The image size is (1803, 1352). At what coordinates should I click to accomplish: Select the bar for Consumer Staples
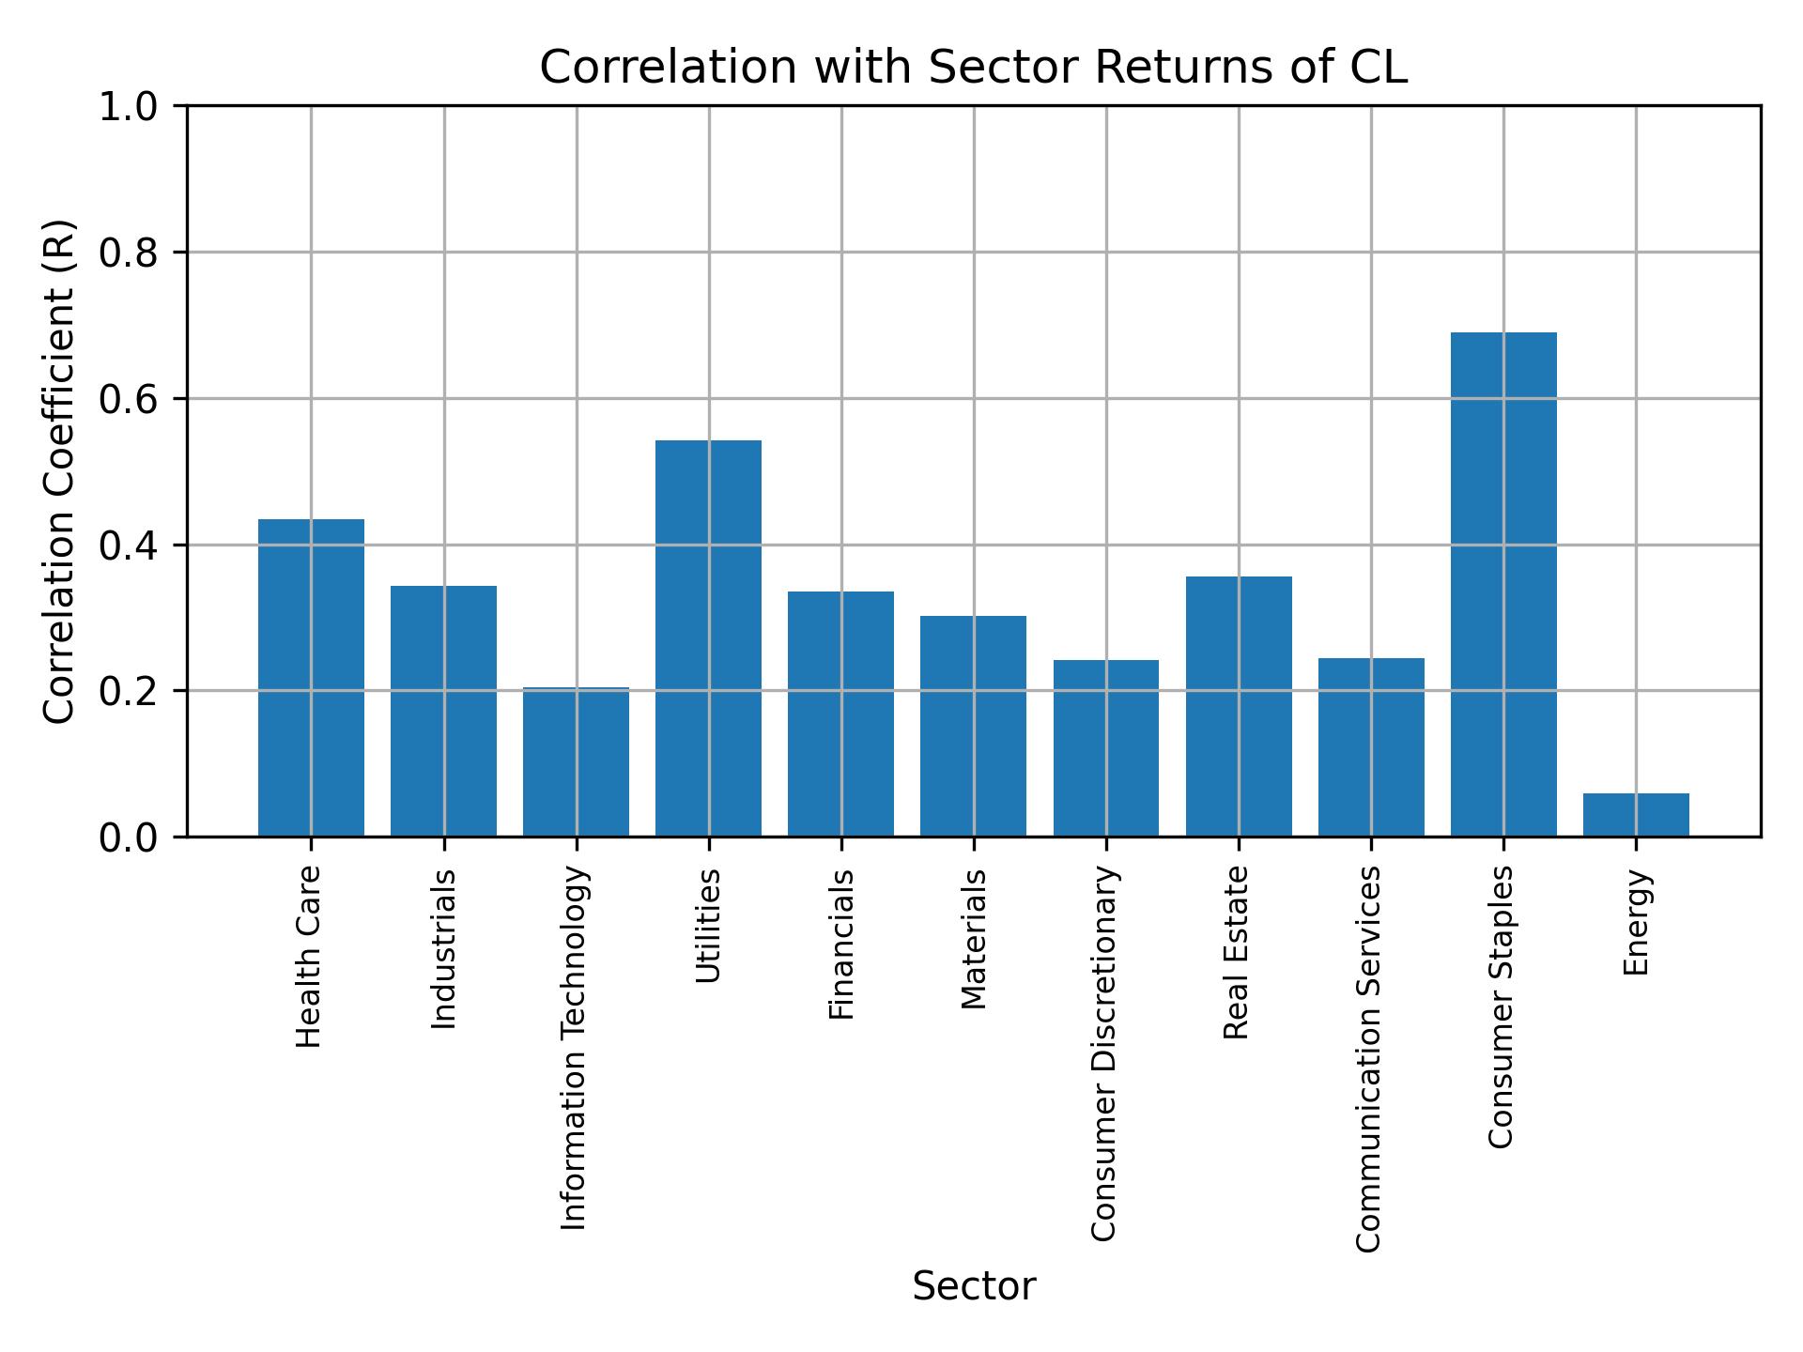1503,584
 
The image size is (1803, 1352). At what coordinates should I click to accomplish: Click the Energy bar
1636,815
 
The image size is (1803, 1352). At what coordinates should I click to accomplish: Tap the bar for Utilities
708,638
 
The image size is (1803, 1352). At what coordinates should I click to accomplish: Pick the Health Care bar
311,678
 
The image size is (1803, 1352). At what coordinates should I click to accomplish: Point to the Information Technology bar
576,762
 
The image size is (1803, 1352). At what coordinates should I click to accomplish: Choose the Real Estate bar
1239,706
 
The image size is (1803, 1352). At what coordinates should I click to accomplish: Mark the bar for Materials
973,726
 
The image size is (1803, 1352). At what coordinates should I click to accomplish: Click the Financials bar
840,714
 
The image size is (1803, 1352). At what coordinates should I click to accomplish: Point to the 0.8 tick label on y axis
130,253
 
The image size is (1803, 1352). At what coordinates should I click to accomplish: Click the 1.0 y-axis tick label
130,107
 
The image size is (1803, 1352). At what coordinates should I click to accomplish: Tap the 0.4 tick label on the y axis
130,545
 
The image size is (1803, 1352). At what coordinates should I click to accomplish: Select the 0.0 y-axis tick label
130,837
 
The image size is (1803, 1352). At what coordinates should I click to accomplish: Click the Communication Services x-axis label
1369,1059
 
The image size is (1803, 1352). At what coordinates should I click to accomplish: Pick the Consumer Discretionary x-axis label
1104,1053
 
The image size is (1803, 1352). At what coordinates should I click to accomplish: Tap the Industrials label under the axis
443,949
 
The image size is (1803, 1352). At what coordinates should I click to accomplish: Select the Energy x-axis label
1636,922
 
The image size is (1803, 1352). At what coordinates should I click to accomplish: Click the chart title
973,68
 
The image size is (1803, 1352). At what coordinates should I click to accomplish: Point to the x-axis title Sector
973,1286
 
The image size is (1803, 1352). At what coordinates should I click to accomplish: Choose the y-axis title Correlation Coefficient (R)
59,471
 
